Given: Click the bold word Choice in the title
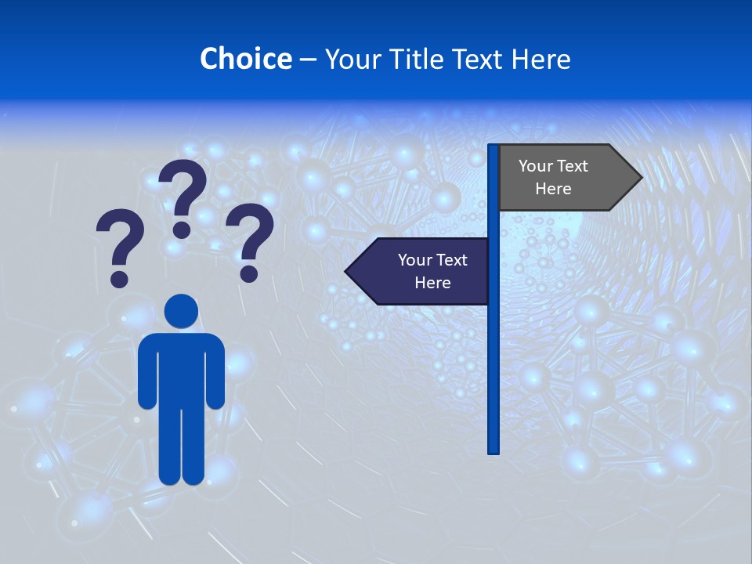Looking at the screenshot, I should click(x=245, y=59).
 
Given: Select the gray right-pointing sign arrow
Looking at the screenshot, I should click(x=564, y=178).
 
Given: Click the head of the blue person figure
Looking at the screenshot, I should click(x=181, y=311).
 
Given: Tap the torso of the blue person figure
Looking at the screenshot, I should click(x=181, y=368).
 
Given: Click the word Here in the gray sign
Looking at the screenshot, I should click(x=553, y=189).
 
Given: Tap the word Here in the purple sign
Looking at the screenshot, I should click(x=432, y=283).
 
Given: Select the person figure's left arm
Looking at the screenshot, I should click(x=146, y=372).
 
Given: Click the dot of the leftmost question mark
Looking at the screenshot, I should click(x=119, y=278).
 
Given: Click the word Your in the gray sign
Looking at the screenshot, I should click(x=536, y=166).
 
